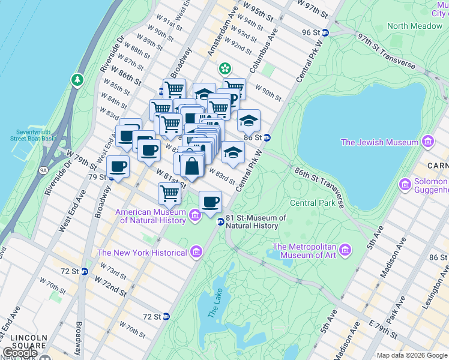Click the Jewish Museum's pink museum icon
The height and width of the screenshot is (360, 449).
[x=427, y=142]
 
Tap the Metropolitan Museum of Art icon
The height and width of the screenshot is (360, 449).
[x=345, y=249]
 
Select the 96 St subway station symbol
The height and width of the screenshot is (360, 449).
[x=325, y=32]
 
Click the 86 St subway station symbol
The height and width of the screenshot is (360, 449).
[x=267, y=137]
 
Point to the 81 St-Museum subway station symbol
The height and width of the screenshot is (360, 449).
[x=220, y=221]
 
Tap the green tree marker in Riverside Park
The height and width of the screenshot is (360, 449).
[x=77, y=80]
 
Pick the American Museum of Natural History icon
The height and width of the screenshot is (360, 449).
[x=196, y=215]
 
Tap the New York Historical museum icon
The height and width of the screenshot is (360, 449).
[x=196, y=253]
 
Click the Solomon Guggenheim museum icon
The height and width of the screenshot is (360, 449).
[x=405, y=185]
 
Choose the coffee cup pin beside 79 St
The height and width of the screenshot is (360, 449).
[x=118, y=167]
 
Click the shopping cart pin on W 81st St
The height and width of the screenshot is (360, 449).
[x=170, y=194]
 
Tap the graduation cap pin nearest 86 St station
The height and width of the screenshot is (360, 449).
[x=249, y=121]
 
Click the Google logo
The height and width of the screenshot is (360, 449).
[x=19, y=353]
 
